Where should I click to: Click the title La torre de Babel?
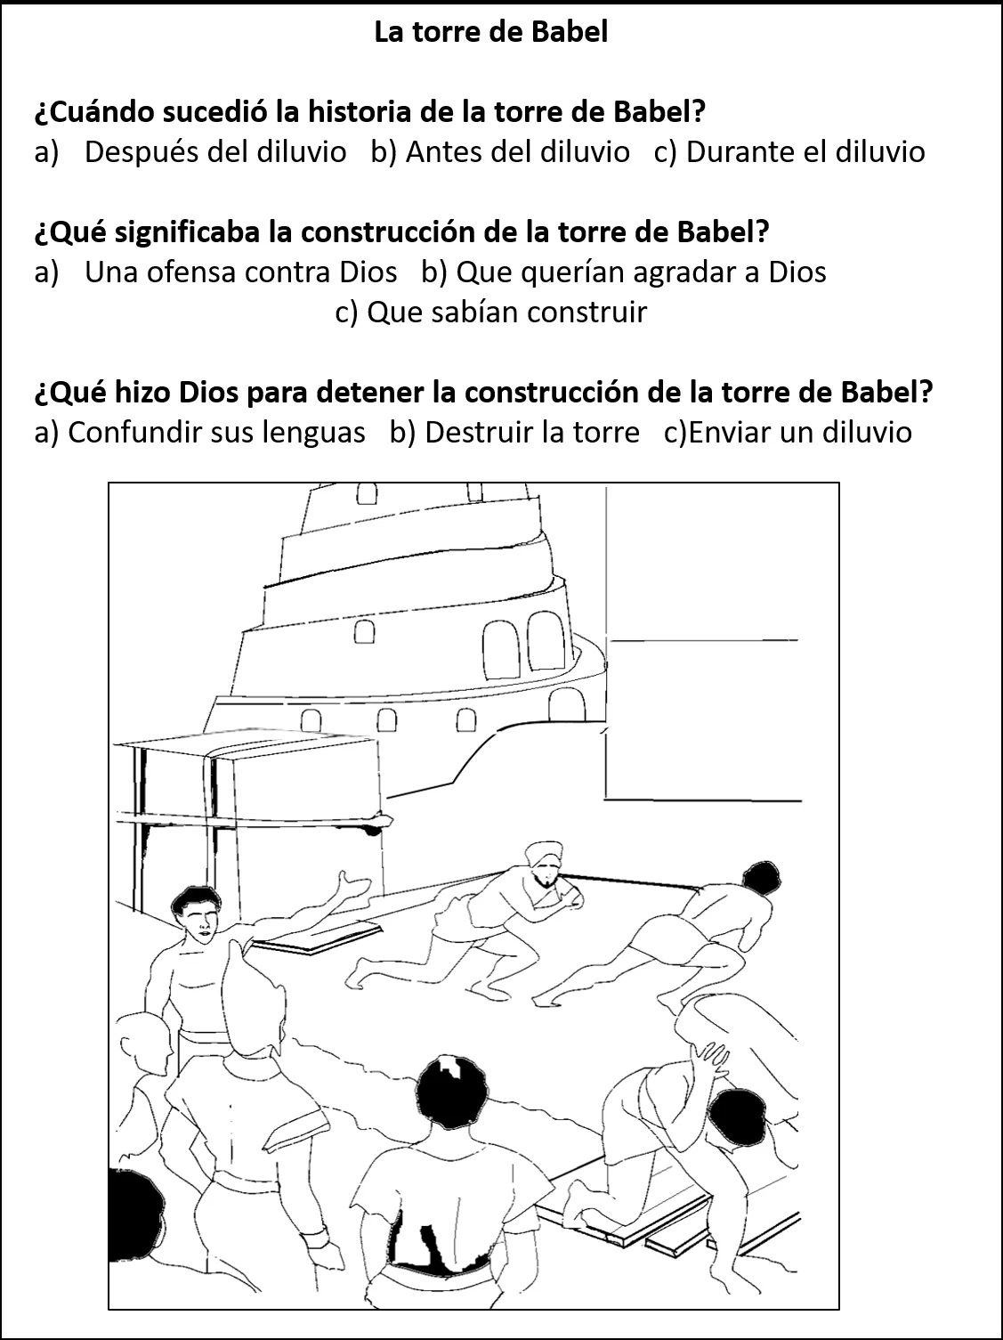pos(490,33)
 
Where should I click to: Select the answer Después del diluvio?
pos(214,152)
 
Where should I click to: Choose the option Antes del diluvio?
pos(517,152)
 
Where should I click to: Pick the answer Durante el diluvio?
pos(805,152)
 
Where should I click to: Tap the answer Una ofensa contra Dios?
pos(240,272)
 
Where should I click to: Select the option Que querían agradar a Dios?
pos(641,272)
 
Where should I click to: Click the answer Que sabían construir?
pos(506,313)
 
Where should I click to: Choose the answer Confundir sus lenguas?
pos(216,433)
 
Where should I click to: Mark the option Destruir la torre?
pos(531,433)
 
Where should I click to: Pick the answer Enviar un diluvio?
pos(799,433)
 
